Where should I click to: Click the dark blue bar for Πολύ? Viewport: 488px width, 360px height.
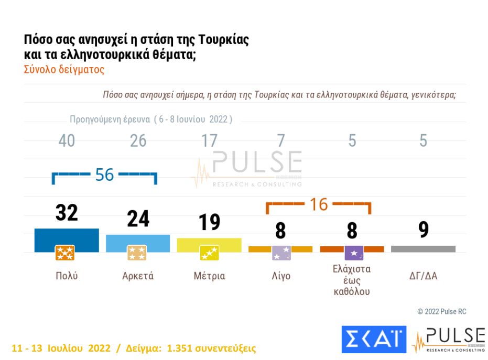(67, 236)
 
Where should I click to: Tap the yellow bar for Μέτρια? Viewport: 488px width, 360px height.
(209, 242)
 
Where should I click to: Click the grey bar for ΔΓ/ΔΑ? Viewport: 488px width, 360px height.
(423, 249)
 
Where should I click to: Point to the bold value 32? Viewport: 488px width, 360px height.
(67, 213)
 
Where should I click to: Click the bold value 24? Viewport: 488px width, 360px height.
(138, 219)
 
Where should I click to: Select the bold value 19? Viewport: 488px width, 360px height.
(209, 222)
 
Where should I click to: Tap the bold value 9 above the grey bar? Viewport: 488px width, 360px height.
(424, 230)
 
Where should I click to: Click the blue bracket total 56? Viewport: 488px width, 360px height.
(105, 175)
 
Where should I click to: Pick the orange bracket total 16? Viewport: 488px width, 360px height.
(319, 204)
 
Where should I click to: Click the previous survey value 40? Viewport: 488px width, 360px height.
(67, 140)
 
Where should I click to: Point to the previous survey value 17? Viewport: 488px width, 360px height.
(209, 140)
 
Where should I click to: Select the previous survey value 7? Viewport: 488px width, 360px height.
(281, 140)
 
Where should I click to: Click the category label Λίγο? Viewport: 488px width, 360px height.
(281, 276)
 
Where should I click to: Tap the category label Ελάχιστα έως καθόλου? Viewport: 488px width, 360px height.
(352, 280)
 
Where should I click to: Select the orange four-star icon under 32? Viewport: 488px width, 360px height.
(65, 253)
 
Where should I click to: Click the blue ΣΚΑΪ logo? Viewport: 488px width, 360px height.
(374, 340)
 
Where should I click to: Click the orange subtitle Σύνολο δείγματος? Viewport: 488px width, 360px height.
(64, 69)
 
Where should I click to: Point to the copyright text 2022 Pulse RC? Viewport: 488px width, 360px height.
(441, 311)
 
